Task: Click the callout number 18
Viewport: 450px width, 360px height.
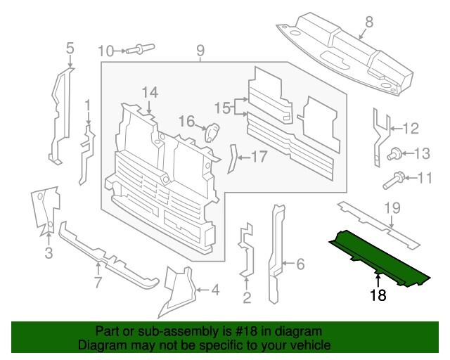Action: [378, 296]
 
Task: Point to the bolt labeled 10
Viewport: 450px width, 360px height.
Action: [143, 49]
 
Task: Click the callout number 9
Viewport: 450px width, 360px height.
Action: [200, 50]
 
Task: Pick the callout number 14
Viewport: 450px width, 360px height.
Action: [150, 92]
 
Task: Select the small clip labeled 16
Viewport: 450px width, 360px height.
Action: [212, 131]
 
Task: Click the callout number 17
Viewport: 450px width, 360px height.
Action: [259, 157]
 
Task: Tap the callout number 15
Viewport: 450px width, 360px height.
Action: [222, 108]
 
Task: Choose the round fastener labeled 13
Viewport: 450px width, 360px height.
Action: [395, 153]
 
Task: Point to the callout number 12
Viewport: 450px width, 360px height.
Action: [410, 128]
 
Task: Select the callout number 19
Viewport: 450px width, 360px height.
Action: [392, 207]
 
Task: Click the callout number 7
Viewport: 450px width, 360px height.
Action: [98, 283]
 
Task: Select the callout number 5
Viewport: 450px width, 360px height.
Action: [70, 49]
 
